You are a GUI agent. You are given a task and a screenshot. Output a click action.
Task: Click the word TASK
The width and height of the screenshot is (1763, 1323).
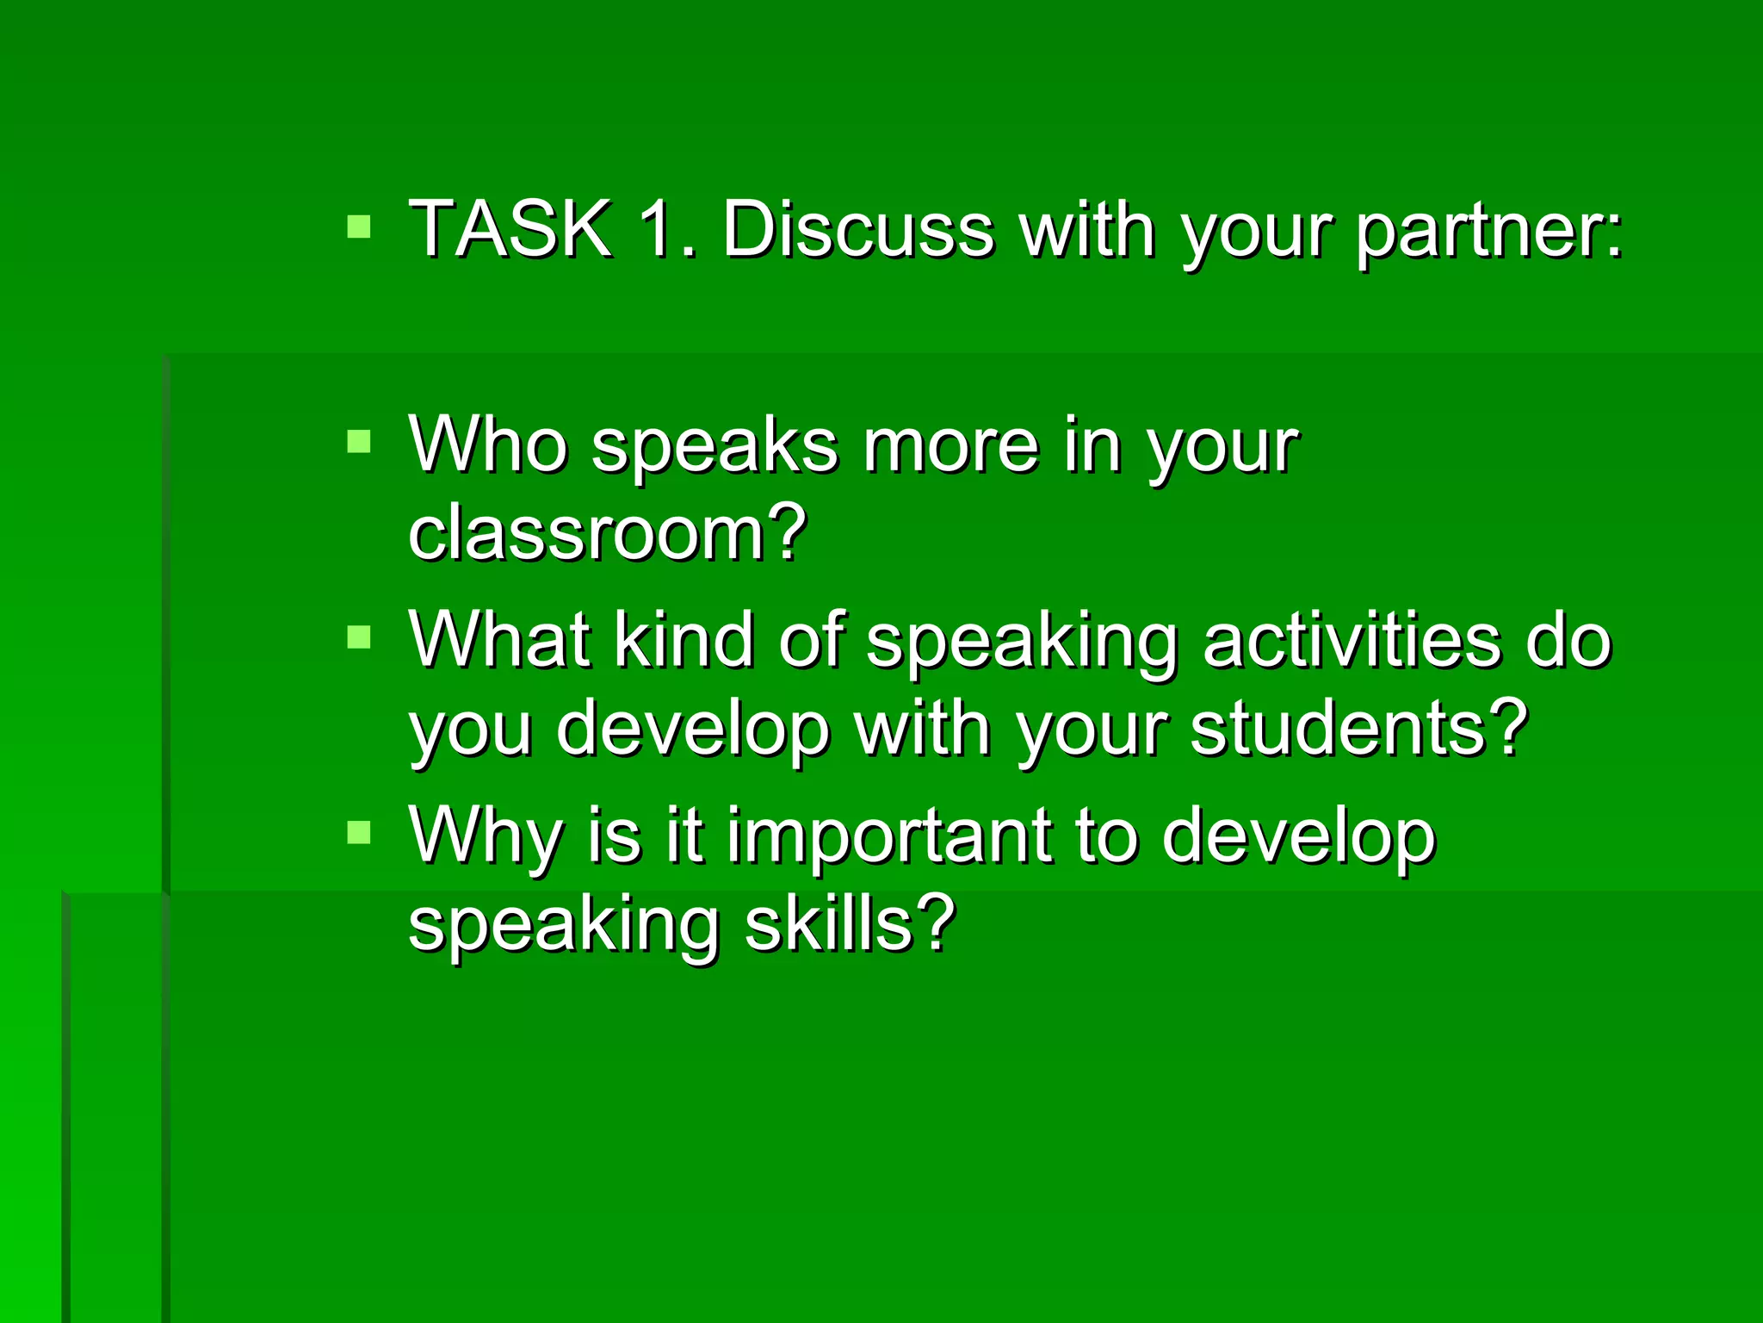pyautogui.click(x=510, y=229)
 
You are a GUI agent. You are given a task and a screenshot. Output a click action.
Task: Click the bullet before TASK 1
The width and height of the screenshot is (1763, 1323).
pyautogui.click(x=359, y=227)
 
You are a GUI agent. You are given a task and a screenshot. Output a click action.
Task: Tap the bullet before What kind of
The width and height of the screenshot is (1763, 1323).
pyautogui.click(x=359, y=637)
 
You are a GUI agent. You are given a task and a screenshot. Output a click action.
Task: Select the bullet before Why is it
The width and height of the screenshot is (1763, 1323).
pyautogui.click(x=359, y=832)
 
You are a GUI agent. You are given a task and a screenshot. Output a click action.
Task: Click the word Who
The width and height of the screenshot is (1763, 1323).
pyautogui.click(x=488, y=445)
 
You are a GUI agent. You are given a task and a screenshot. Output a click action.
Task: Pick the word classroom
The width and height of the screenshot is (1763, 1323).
pyautogui.click(x=586, y=533)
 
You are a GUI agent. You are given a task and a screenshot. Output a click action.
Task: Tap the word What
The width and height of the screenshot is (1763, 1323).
pyautogui.click(x=499, y=640)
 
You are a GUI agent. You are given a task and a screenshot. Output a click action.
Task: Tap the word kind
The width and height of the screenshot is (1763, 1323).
pyautogui.click(x=684, y=640)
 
